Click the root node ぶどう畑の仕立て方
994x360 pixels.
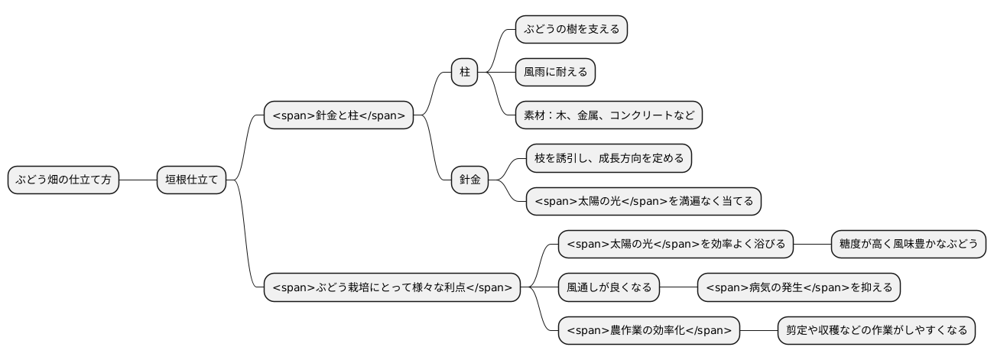[63, 180]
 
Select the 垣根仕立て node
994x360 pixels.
[192, 180]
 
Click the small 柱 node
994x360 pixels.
[464, 73]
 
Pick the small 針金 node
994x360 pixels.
[469, 180]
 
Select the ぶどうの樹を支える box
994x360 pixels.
[571, 30]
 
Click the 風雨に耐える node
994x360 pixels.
[555, 73]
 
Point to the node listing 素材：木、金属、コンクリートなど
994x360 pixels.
[609, 115]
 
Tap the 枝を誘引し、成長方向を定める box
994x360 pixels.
[609, 158]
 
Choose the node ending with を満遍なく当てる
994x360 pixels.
[644, 201]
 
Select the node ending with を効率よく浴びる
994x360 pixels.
[676, 245]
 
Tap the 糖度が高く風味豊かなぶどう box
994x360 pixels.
[908, 245]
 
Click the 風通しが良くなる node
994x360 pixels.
[609, 287]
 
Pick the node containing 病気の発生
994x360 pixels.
[799, 287]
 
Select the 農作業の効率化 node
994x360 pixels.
[648, 331]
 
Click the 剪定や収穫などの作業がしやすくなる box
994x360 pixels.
[876, 331]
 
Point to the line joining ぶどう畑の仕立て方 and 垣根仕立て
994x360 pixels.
[138, 180]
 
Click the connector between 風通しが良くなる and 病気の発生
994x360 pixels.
[678, 287]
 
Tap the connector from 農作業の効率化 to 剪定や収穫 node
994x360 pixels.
[758, 331]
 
